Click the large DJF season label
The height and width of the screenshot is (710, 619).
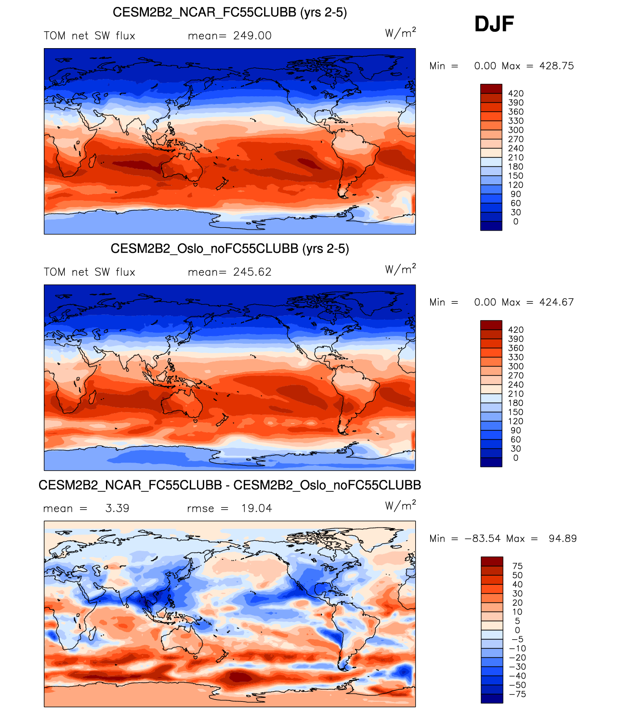point(494,24)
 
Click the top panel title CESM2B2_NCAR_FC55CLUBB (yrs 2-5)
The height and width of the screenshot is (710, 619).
point(230,13)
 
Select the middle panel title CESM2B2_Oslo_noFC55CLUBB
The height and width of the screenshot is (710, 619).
point(230,248)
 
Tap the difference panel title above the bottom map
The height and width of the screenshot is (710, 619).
point(230,485)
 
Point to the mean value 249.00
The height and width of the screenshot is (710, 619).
point(252,36)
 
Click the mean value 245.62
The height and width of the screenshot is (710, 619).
point(252,272)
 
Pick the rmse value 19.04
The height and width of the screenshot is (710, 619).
point(257,508)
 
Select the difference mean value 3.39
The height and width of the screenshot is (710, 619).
point(118,508)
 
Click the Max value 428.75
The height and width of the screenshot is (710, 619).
point(556,66)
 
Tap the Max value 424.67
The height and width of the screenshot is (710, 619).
point(556,302)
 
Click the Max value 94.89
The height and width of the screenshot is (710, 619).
point(563,539)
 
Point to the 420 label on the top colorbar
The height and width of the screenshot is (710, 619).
point(516,93)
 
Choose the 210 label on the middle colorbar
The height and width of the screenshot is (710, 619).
point(516,394)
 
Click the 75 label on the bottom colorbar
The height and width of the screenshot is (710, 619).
point(517,566)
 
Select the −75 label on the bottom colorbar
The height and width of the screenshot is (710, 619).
point(517,694)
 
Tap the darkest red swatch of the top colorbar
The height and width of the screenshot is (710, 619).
point(491,89)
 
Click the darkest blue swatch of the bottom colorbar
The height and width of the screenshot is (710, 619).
point(492,698)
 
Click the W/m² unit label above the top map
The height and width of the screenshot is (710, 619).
point(400,33)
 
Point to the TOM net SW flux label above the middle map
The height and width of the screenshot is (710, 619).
point(90,272)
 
